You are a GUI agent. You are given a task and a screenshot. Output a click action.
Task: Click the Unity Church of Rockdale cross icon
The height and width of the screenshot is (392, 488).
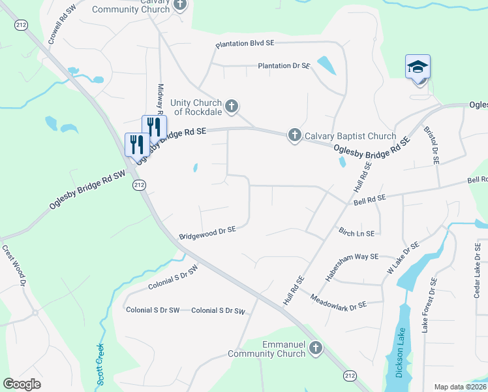[x=231, y=106]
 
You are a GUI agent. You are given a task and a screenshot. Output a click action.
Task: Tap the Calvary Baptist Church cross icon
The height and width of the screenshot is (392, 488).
[x=294, y=135]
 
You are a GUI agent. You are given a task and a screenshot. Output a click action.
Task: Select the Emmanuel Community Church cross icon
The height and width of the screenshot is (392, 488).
[x=316, y=348]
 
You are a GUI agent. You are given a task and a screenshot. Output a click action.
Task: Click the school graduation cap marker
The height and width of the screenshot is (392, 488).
[x=418, y=67]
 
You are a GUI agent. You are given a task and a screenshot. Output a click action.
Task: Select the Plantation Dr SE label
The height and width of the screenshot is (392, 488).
[x=283, y=66]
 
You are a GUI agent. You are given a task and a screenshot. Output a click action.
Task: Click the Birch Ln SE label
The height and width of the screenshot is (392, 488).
[x=356, y=233]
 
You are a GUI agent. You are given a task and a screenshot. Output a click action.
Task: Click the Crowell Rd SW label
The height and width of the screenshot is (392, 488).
[x=62, y=24]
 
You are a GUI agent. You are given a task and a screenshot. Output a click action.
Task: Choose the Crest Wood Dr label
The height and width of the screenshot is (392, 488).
[x=12, y=266]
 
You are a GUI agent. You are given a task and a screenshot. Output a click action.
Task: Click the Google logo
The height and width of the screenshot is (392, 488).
[x=22, y=384]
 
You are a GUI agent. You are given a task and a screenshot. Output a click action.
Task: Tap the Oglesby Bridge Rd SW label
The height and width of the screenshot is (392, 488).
[x=87, y=190]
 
